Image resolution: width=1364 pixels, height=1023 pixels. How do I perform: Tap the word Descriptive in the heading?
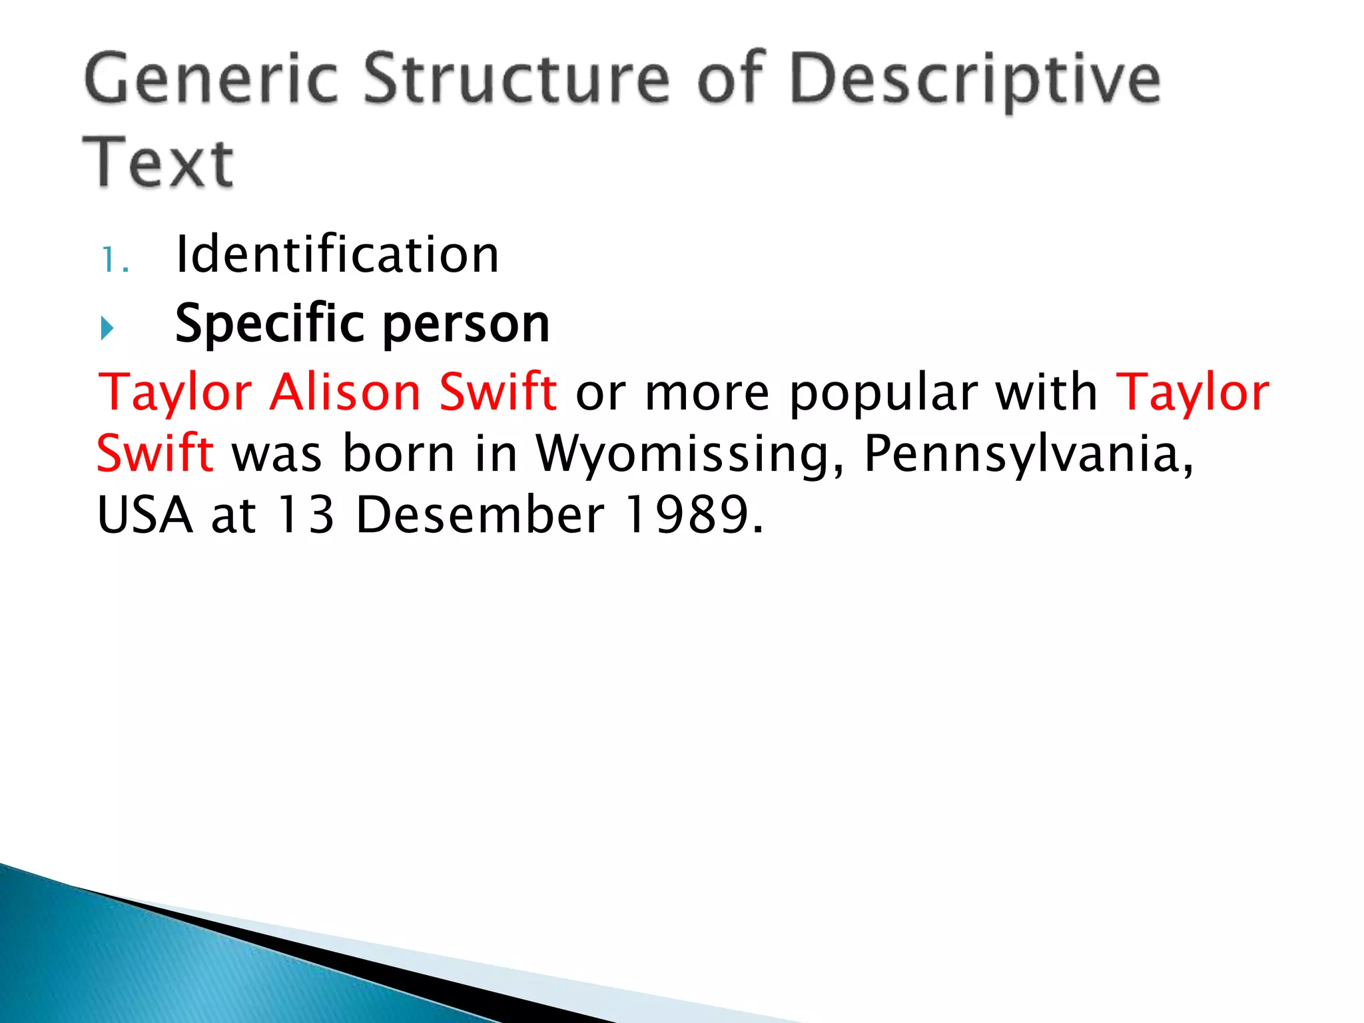click(975, 81)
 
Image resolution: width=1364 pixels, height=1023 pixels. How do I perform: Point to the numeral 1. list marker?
click(115, 259)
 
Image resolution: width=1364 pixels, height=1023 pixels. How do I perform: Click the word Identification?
click(337, 254)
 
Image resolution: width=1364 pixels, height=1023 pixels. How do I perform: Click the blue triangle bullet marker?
click(107, 328)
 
